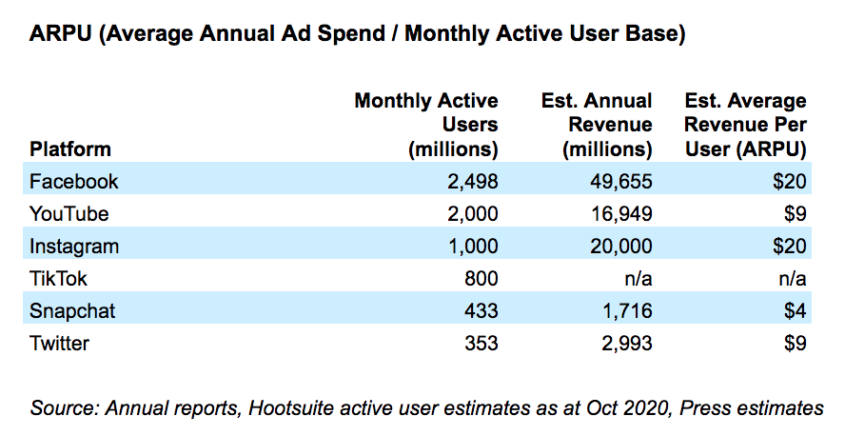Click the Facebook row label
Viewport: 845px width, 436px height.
click(74, 181)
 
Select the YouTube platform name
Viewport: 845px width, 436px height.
click(69, 213)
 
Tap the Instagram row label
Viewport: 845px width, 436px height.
click(74, 246)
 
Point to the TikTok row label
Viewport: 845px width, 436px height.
click(59, 278)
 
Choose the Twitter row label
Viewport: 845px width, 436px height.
click(62, 343)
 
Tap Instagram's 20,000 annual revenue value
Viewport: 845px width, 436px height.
click(620, 246)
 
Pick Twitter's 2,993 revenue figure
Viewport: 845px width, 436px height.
click(626, 343)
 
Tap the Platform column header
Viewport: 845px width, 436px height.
click(70, 149)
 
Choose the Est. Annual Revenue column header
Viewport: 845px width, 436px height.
click(598, 125)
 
